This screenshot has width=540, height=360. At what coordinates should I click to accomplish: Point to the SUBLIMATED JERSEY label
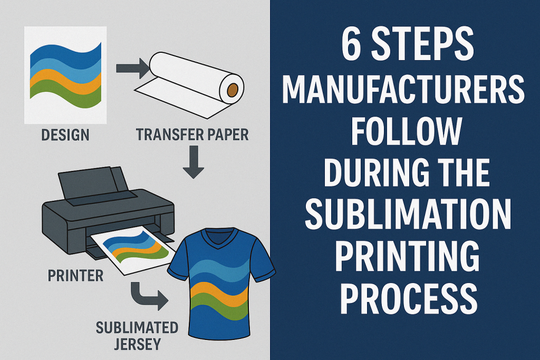click(137, 336)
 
